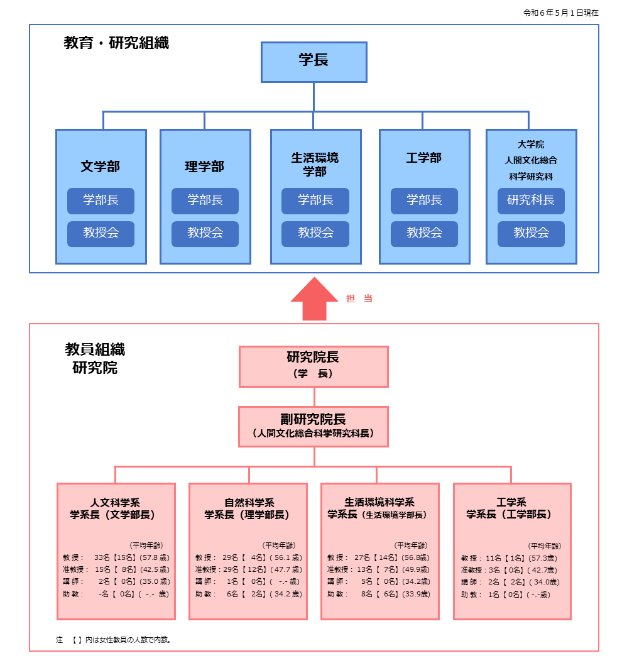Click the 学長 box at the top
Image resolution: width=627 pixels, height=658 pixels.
(x=313, y=62)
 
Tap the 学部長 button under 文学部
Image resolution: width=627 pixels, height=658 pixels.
(x=101, y=200)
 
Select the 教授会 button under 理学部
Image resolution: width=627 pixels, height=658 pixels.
(x=205, y=233)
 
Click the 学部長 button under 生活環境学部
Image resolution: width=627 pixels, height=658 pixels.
(x=315, y=200)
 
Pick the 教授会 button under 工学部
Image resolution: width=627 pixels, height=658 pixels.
(x=424, y=233)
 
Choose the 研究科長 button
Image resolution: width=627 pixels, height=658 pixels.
(x=531, y=200)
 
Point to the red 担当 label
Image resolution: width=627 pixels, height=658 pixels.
(x=359, y=299)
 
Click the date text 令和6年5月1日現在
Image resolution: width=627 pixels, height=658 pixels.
(x=560, y=13)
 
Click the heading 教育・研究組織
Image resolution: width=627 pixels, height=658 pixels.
(x=116, y=43)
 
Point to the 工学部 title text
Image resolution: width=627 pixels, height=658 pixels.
(x=424, y=158)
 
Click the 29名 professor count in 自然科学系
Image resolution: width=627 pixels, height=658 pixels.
(x=230, y=557)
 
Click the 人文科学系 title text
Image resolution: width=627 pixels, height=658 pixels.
(x=114, y=502)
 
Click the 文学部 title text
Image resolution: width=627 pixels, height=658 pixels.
(x=101, y=167)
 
